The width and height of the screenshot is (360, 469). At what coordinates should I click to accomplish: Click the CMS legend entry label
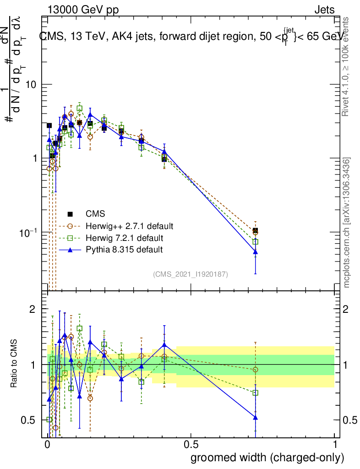point(95,214)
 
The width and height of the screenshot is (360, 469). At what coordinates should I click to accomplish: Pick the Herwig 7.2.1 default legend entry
point(124,238)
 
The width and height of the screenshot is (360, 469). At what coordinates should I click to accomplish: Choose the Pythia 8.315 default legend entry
point(124,250)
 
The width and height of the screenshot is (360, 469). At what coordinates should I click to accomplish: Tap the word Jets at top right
point(324,10)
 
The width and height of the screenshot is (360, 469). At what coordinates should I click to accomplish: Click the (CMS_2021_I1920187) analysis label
point(191,274)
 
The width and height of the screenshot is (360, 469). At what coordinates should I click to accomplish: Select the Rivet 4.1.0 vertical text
point(347,69)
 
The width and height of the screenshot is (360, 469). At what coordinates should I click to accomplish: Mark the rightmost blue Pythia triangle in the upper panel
point(255,251)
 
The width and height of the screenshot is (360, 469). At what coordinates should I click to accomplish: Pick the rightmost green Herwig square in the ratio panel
point(255,393)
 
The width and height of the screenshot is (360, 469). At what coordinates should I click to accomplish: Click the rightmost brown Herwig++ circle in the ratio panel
point(255,369)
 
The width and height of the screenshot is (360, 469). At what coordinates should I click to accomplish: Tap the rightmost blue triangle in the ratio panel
point(255,417)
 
